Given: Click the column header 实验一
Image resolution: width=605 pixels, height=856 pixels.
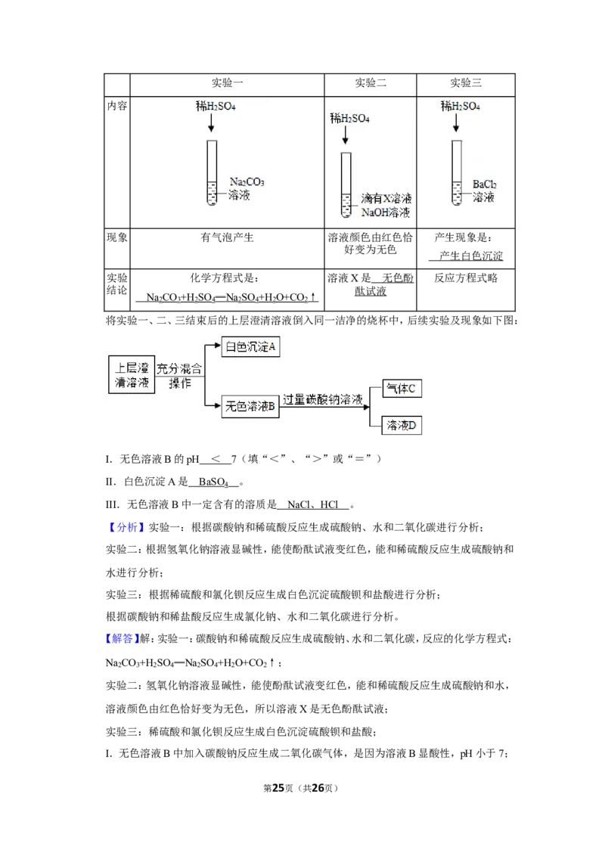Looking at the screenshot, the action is click(227, 83).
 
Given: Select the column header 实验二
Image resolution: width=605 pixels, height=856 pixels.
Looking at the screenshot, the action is click(371, 83).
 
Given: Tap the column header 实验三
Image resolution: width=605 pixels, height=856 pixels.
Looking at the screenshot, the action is click(466, 83).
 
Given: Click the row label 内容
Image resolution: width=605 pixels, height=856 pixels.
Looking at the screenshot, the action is click(117, 105).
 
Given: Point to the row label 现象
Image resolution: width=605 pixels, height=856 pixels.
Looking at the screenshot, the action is click(117, 237).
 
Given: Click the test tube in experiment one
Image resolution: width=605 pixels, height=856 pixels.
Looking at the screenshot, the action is click(211, 172).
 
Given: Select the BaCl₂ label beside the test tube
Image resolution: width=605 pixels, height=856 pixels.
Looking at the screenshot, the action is click(484, 185).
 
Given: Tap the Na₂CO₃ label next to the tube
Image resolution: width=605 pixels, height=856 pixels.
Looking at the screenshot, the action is click(247, 181).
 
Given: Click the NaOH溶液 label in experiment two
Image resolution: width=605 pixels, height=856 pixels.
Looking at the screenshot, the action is click(386, 212).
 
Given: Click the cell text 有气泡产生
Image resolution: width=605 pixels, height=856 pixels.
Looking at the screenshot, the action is click(227, 237).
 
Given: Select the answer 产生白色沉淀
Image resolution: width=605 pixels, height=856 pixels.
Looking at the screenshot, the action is click(471, 256).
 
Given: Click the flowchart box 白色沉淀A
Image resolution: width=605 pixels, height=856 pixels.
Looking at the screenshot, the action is click(250, 346).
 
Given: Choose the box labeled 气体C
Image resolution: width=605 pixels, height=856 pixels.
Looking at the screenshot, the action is click(402, 389).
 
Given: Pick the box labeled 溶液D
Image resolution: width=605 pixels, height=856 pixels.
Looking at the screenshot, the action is click(402, 425).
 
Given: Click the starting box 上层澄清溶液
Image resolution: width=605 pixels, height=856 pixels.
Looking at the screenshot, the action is click(132, 374).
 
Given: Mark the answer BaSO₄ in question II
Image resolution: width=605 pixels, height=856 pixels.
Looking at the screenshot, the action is click(213, 482).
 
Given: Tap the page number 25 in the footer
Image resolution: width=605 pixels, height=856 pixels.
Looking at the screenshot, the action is click(278, 788).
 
